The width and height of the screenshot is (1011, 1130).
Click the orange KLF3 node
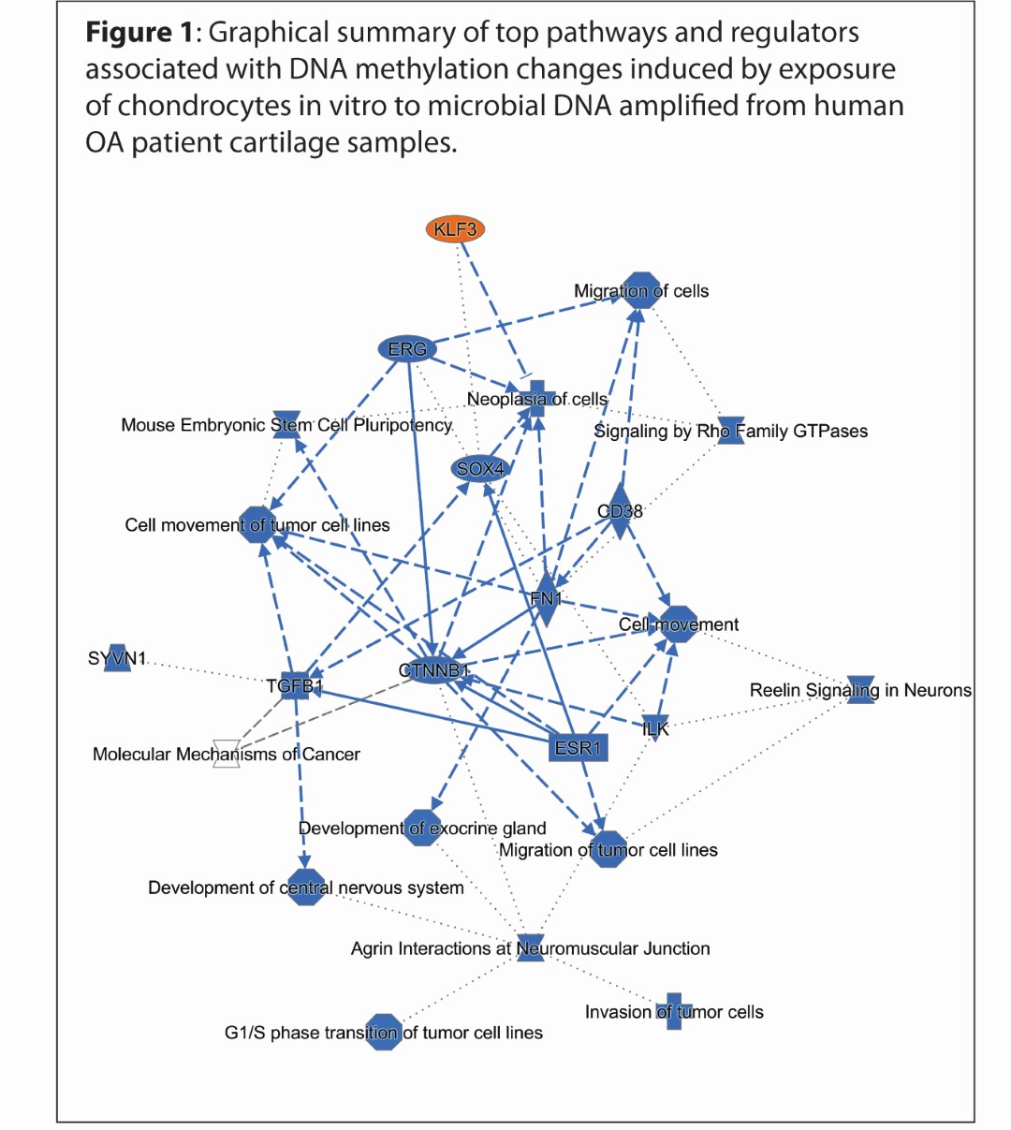455,229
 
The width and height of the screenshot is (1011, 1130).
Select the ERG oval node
408,349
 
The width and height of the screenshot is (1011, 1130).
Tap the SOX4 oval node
480,468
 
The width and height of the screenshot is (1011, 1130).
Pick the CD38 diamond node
620,511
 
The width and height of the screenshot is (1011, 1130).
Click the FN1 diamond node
546,599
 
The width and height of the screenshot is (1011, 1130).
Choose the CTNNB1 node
432,670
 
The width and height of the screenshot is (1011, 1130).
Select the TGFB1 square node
295,686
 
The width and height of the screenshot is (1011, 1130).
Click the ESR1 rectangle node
579,747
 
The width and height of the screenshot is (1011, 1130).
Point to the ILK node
656,727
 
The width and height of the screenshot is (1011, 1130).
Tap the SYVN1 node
117,658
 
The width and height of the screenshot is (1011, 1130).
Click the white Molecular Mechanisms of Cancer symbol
227,755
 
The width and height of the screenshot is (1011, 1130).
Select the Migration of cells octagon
641,290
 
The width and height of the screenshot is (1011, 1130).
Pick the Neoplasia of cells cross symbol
536,399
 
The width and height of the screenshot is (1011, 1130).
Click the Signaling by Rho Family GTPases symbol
730,431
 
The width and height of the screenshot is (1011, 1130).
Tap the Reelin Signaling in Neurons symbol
860,690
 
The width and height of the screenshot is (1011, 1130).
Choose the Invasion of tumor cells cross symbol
674,1012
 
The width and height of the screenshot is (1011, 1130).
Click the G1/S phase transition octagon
383,1033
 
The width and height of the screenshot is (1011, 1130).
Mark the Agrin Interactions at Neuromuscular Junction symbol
530,948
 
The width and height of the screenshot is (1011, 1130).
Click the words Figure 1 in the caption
140,33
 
